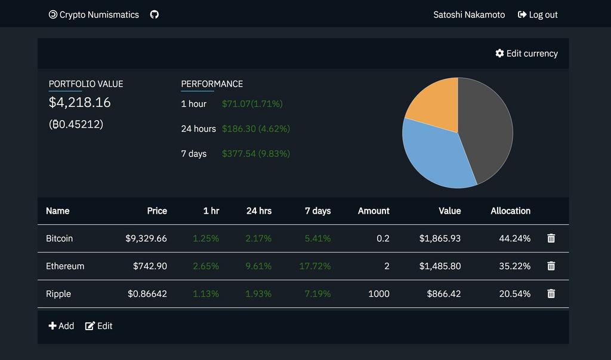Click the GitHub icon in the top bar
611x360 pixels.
pos(155,14)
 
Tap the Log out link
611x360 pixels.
pos(538,15)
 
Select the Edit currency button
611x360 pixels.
pos(526,54)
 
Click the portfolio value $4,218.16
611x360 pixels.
pos(80,103)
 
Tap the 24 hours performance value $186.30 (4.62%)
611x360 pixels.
pos(256,129)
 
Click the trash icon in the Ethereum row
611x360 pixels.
pos(551,266)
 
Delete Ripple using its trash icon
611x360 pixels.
pos(551,294)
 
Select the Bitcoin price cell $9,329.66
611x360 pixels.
pos(146,239)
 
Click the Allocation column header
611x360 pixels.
pos(510,211)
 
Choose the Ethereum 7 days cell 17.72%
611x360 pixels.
pos(315,266)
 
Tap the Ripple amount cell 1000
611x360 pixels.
pos(378,294)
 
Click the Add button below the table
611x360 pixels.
pos(61,326)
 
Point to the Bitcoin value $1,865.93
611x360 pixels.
pos(440,239)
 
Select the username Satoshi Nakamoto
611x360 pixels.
pos(469,15)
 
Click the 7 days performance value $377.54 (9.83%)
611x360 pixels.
pos(256,154)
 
